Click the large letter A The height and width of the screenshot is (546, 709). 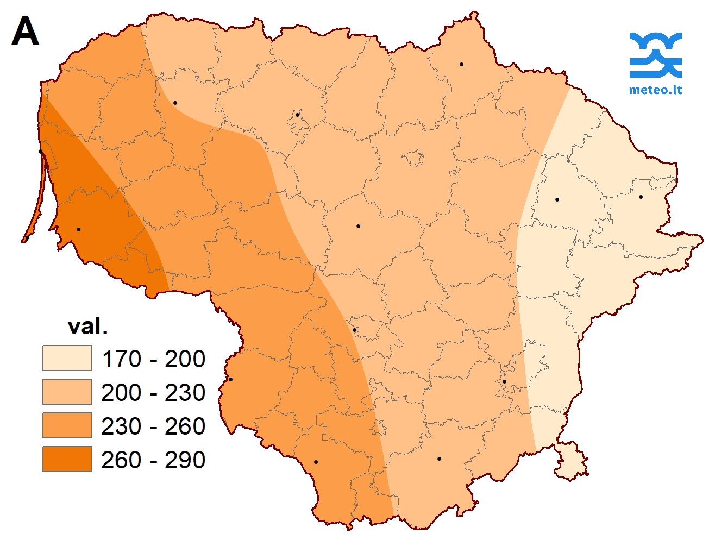click(x=25, y=32)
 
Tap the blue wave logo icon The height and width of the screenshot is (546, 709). click(x=655, y=55)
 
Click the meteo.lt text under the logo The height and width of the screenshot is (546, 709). click(x=655, y=90)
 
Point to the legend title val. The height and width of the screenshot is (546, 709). click(x=87, y=327)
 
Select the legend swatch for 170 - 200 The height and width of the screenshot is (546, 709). click(x=67, y=359)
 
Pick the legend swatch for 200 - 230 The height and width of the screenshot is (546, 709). click(x=67, y=392)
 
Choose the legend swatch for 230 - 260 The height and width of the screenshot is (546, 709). click(x=67, y=426)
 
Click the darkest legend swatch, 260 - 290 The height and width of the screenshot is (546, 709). click(x=67, y=460)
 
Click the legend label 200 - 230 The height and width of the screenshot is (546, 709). click(x=153, y=393)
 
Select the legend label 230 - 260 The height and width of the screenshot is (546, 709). click(x=153, y=426)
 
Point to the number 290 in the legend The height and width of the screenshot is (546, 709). click(x=185, y=460)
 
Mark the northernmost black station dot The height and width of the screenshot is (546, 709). click(x=461, y=64)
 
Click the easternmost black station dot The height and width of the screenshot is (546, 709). click(x=641, y=197)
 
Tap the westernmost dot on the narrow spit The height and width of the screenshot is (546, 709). click(x=27, y=238)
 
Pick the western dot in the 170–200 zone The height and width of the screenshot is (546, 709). click(x=557, y=199)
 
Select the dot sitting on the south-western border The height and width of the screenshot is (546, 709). click(x=230, y=379)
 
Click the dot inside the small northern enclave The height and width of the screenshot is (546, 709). click(x=297, y=115)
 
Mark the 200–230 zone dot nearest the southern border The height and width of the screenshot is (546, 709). click(x=439, y=459)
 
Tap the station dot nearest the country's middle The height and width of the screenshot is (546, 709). click(x=358, y=226)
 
